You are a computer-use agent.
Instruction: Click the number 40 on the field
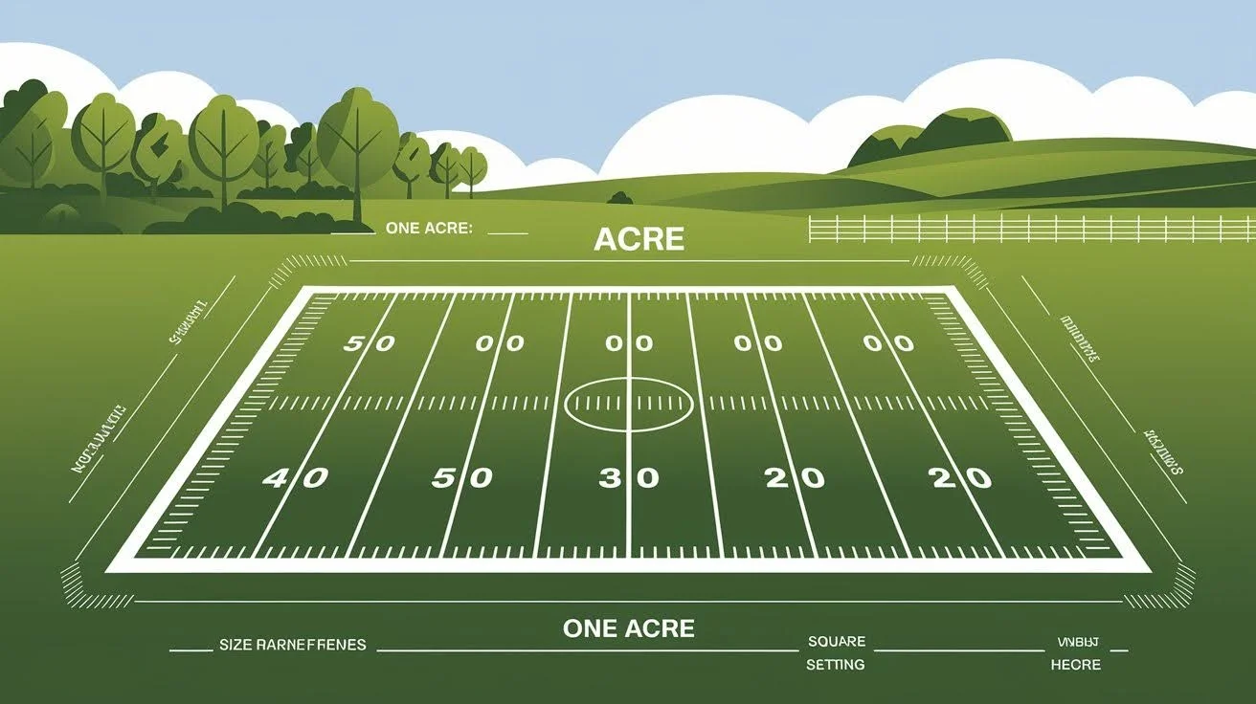coord(295,478)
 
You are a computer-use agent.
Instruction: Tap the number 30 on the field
coord(629,477)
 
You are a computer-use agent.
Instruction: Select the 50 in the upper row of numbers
coord(369,342)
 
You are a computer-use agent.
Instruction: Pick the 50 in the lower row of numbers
coord(461,477)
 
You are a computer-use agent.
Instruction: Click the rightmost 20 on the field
coord(961,477)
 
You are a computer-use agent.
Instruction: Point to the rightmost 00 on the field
coord(887,342)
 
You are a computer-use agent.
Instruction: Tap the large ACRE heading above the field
coord(639,239)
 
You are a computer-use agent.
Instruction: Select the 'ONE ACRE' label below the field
coord(629,628)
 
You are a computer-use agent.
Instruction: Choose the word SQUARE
coord(836,641)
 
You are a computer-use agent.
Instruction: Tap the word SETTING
coord(835,664)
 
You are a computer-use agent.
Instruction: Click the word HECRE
coord(1075,664)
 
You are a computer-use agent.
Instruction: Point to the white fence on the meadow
coord(1030,229)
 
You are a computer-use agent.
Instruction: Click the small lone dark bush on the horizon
coord(620,198)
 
